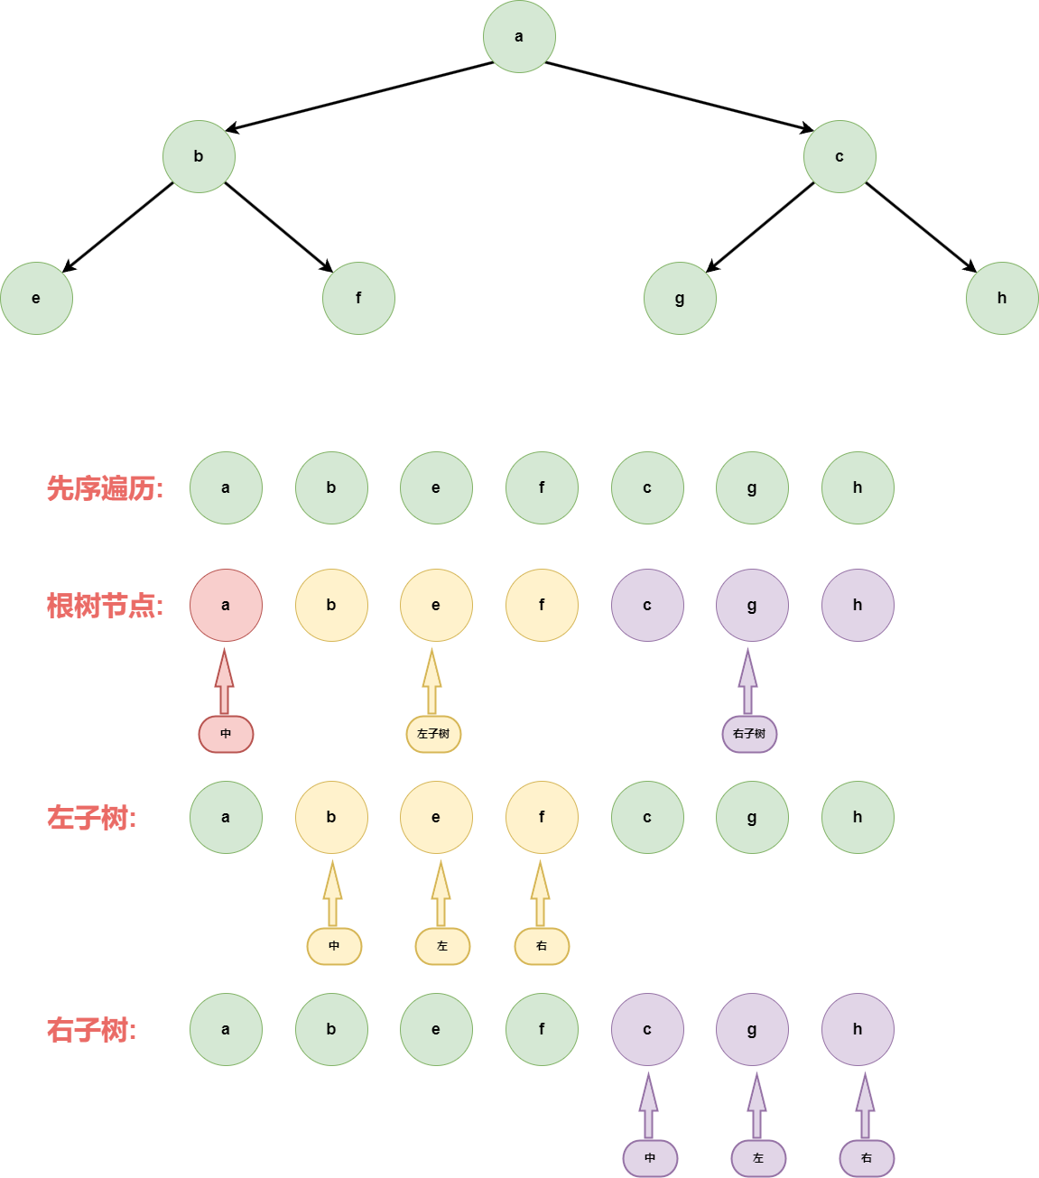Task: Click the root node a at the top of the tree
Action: click(519, 37)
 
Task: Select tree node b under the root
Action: click(199, 156)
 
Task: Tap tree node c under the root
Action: click(840, 156)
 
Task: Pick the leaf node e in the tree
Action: click(36, 298)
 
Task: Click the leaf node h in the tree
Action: click(1002, 298)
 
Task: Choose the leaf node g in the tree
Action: click(680, 298)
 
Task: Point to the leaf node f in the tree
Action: click(358, 298)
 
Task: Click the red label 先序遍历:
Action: click(105, 488)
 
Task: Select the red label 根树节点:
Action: click(105, 606)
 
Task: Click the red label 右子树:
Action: click(91, 1030)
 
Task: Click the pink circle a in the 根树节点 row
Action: click(226, 605)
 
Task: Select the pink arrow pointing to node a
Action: click(225, 682)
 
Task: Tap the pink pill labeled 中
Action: click(226, 734)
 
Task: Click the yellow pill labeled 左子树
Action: click(433, 734)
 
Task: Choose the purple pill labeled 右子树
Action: click(749, 734)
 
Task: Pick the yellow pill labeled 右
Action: click(542, 946)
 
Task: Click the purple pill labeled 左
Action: click(758, 1158)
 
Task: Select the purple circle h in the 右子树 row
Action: click(858, 1029)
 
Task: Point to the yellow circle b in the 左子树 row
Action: click(331, 817)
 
